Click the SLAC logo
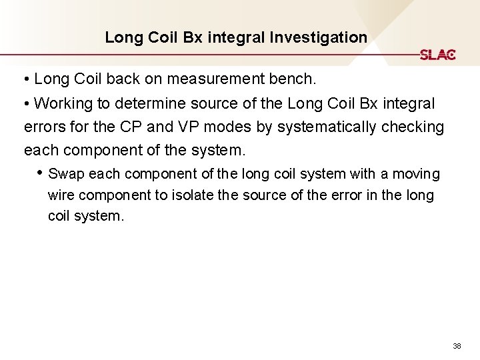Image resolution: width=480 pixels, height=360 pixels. [x=437, y=55]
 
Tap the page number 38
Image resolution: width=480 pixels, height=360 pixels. [x=457, y=346]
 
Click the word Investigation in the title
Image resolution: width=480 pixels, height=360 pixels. [x=319, y=37]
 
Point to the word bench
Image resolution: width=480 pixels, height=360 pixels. [x=294, y=79]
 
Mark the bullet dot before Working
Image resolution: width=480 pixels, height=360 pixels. [x=27, y=104]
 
